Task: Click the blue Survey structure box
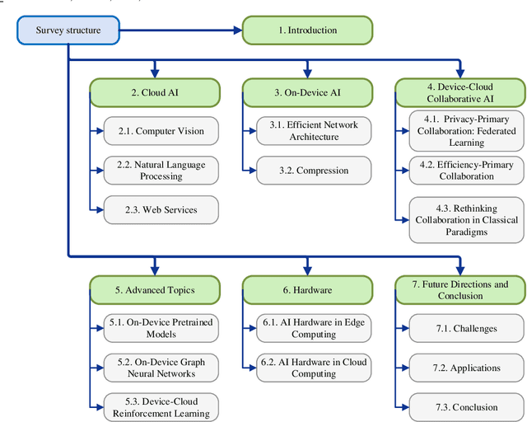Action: tap(68, 31)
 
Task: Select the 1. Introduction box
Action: tap(307, 31)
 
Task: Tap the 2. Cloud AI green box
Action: tap(155, 92)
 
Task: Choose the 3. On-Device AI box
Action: tap(307, 92)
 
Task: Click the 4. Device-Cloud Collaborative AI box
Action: tap(459, 92)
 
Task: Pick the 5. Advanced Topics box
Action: tap(155, 289)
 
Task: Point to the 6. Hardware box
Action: tap(307, 289)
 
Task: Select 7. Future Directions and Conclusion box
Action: tap(459, 289)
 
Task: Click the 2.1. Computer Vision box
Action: tap(161, 131)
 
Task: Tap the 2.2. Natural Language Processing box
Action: tap(161, 171)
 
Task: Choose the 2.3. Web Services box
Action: tap(161, 209)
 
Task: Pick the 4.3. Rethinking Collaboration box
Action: tap(466, 219)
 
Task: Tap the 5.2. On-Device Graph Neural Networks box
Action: tap(161, 368)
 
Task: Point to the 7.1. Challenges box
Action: tap(466, 329)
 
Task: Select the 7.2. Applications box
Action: tap(466, 368)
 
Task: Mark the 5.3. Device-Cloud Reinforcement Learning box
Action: tap(161, 407)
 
